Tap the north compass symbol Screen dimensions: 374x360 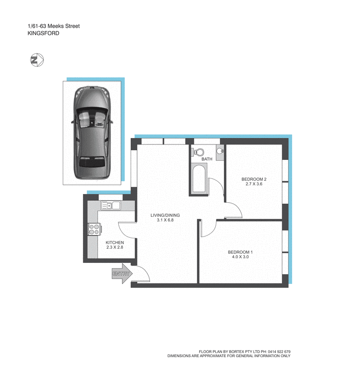click(36, 60)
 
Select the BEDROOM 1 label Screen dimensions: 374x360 click(240, 252)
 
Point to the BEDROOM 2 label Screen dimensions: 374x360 click(254, 179)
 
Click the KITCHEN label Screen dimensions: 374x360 click(115, 242)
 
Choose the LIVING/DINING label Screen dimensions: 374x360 click(165, 215)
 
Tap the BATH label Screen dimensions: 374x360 click(207, 159)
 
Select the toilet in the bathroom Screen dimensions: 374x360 click(198, 152)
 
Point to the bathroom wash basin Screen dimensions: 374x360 click(220, 151)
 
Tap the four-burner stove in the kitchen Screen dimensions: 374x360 click(94, 229)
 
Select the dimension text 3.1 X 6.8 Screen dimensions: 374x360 click(165, 220)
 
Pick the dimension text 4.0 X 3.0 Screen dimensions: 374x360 click(240, 257)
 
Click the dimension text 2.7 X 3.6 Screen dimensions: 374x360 click(254, 184)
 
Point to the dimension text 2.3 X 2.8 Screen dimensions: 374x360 click(115, 247)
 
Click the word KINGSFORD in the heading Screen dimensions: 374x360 click(43, 33)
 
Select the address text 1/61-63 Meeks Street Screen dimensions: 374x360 click(54, 26)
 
